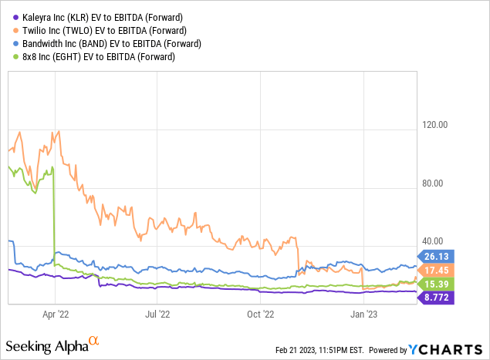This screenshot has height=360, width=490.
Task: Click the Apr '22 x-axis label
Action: pyautogui.click(x=55, y=314)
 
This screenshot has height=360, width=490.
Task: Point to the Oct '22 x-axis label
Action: pyautogui.click(x=260, y=314)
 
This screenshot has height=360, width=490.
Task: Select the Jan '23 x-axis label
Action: pyautogui.click(x=363, y=314)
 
